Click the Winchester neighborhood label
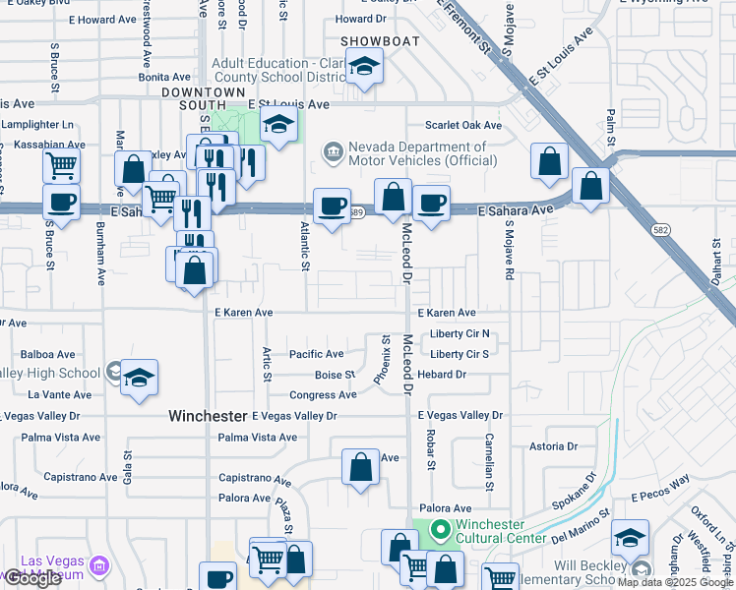207,416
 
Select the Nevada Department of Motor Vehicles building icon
333,151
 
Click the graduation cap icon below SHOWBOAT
364,68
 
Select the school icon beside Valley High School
139,379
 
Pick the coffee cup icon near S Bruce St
61,203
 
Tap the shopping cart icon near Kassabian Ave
61,165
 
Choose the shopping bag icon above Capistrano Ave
361,466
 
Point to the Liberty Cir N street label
460,334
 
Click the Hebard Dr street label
441,375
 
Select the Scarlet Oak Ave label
463,125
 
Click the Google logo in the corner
32,579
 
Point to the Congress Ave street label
323,395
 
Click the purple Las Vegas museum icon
98,566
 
